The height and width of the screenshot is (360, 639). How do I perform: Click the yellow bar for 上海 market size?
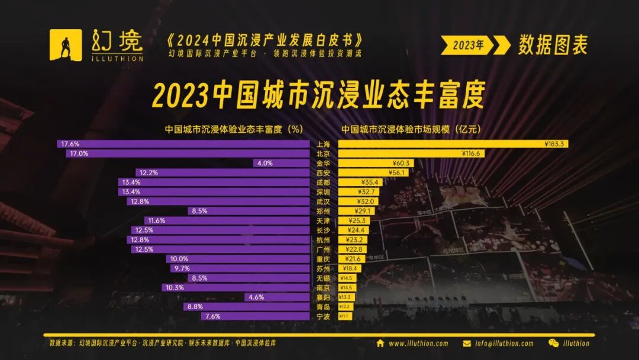453,144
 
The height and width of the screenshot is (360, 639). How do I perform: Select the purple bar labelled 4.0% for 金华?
281,163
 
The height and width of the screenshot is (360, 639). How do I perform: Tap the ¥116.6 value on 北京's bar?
473,153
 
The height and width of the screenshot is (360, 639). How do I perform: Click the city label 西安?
324,173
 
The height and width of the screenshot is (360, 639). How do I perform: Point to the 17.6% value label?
69,144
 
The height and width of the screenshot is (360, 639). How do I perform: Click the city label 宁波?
324,316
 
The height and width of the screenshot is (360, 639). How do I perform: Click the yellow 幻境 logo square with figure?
66,45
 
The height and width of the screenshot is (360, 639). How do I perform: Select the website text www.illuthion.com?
418,343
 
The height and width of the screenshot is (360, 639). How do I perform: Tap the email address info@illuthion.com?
504,343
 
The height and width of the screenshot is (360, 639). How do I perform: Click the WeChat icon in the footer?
553,343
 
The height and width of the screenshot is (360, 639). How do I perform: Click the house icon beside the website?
380,343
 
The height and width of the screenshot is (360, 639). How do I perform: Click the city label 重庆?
324,259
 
